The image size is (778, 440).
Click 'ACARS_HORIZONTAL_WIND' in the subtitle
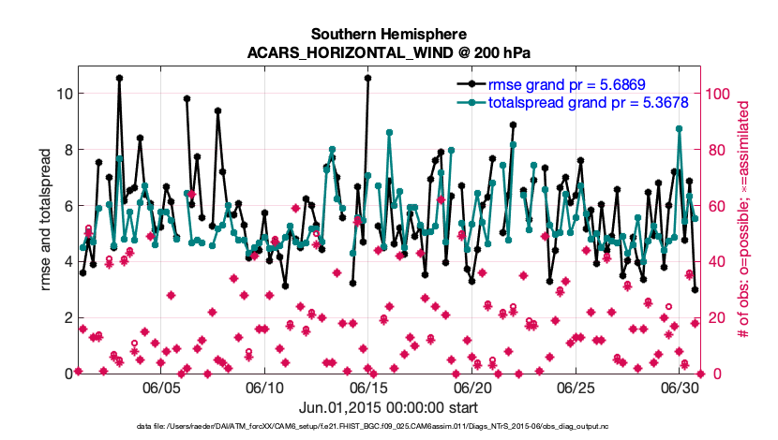click(x=359, y=51)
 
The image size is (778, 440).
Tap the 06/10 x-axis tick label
click(x=265, y=387)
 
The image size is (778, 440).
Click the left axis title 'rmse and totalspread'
click(x=46, y=225)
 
